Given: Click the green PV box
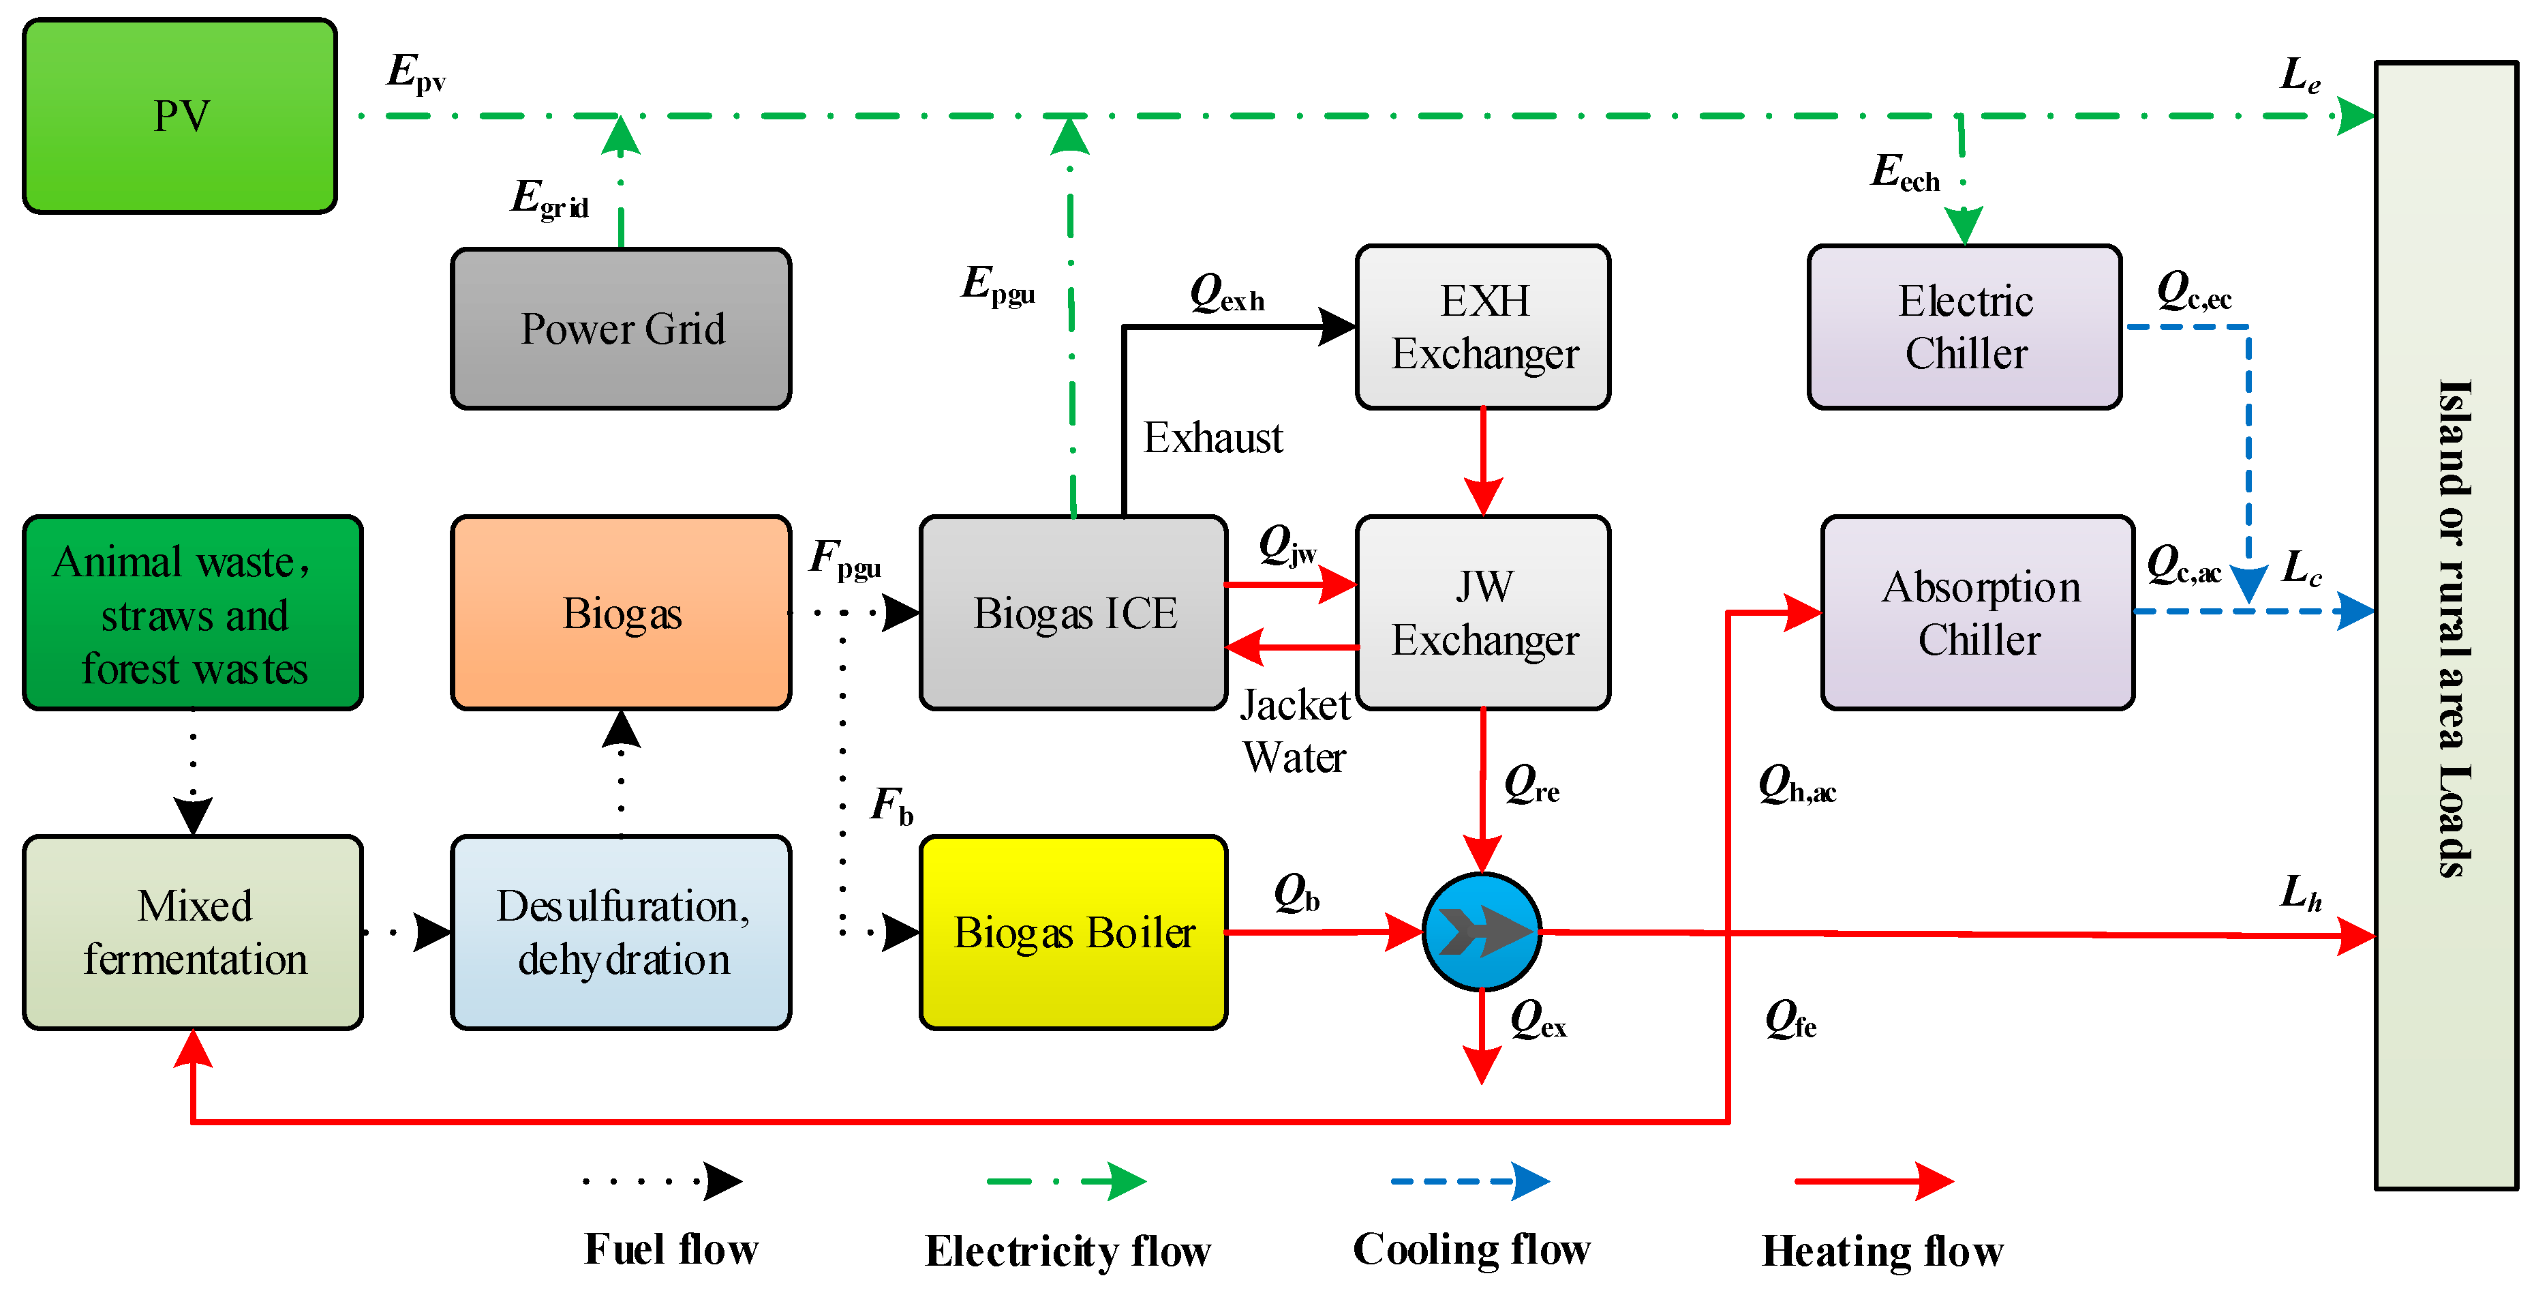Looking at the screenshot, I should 180,116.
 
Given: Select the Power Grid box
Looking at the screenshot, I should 621,329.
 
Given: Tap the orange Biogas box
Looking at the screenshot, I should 621,612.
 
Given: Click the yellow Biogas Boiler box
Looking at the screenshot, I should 1073,932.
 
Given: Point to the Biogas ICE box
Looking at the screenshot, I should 1073,612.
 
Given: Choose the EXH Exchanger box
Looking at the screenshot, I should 1484,327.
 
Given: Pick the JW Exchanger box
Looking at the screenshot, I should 1484,612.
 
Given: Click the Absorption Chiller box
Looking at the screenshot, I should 1979,612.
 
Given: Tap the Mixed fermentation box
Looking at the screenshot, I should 193,932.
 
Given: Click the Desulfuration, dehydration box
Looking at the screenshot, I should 621,932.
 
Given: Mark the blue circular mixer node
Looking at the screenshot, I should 1482,932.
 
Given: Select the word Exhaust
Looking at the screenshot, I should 1213,438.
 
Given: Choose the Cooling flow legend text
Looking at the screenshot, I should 1471,1250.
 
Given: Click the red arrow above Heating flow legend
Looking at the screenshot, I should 1874,1181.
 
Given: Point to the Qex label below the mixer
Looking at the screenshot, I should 1538,1020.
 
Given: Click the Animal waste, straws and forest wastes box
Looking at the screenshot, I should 193,612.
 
